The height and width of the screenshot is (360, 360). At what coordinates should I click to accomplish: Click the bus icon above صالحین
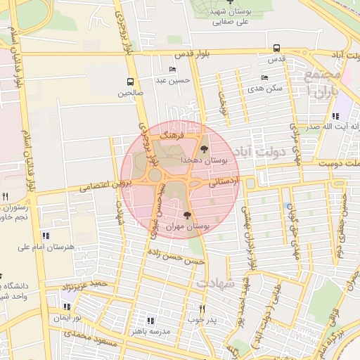(129, 82)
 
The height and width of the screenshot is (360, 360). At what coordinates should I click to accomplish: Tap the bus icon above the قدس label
(276, 49)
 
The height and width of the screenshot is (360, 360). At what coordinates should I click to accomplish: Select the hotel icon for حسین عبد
(172, 70)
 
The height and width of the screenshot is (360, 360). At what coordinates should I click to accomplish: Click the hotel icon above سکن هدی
(264, 77)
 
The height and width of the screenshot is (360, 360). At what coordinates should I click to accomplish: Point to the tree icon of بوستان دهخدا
(204, 148)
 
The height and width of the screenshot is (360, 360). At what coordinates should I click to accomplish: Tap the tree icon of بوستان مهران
(187, 215)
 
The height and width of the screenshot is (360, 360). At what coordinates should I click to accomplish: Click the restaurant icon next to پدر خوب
(202, 309)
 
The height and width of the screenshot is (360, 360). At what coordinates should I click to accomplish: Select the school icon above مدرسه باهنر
(150, 320)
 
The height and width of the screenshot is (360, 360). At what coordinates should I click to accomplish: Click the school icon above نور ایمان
(67, 307)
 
